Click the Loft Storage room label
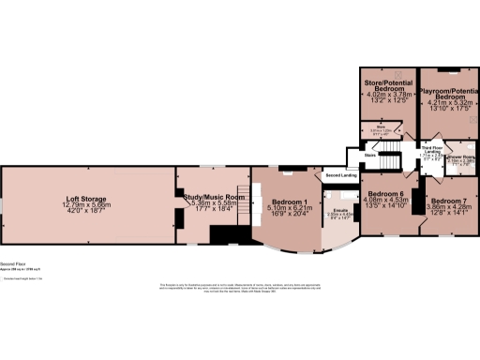coord(85,199)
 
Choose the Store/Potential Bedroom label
coord(387,86)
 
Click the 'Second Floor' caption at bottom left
coord(11,265)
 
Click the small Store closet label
coord(382,127)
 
